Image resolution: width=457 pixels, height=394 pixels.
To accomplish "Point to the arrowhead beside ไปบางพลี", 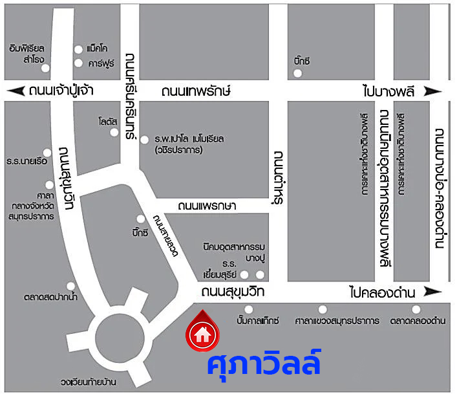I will [x=438, y=91].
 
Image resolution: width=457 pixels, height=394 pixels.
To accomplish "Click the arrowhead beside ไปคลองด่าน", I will [x=438, y=292].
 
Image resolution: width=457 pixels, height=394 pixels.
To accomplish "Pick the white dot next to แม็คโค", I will [x=78, y=49].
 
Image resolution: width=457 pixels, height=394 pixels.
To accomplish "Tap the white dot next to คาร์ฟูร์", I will [x=78, y=63].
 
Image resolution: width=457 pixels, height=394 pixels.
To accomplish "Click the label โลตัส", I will [x=107, y=122].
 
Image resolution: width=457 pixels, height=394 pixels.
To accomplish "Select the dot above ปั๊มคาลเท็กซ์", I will [x=248, y=309].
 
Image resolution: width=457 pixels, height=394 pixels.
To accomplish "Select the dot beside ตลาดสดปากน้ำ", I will [x=71, y=286].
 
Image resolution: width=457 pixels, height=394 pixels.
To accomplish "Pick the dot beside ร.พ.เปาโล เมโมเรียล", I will [x=144, y=139].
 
